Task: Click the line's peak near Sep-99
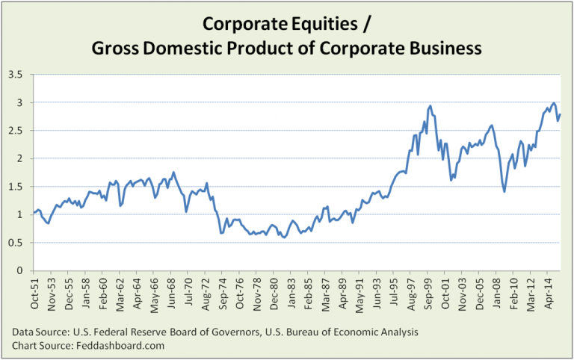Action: [430, 106]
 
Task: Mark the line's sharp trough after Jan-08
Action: [504, 192]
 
